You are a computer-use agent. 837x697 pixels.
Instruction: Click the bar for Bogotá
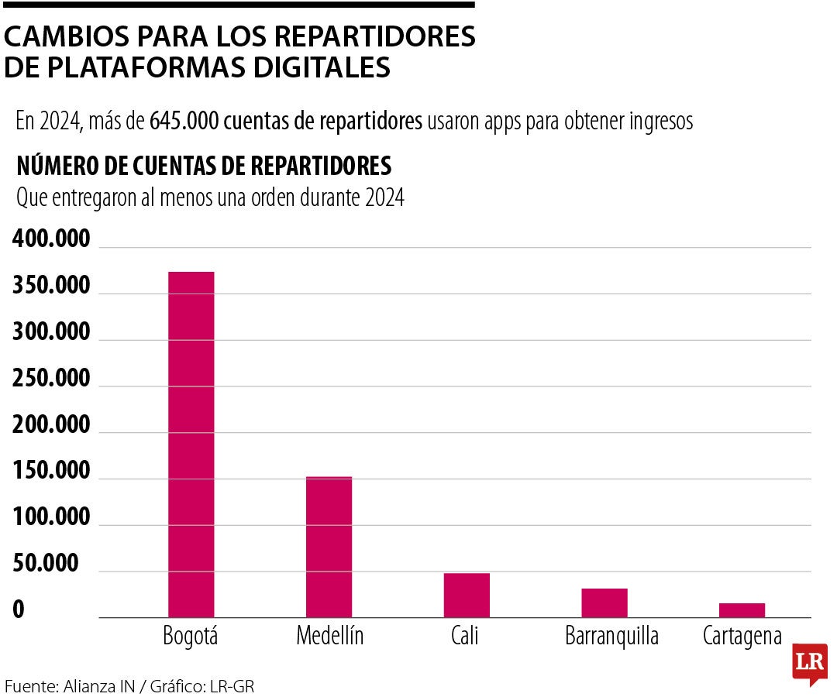pos(191,445)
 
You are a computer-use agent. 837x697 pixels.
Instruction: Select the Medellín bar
pos(329,547)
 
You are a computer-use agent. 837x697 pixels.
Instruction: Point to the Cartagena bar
pos(742,610)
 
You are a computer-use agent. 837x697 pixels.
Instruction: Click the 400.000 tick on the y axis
pos(52,240)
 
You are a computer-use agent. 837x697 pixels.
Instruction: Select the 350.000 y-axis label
pos(52,287)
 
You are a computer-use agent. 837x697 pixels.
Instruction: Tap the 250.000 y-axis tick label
pos(52,379)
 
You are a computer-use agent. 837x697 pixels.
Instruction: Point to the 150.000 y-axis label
pos(52,472)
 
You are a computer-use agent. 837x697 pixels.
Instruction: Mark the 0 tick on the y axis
pos(19,611)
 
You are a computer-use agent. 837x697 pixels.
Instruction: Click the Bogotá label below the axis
pos(191,637)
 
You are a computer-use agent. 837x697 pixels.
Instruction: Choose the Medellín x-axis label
pos(329,637)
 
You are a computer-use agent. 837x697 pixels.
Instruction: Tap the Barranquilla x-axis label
pos(611,637)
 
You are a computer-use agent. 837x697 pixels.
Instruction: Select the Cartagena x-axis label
pos(742,637)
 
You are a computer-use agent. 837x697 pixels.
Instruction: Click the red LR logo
pos(809,664)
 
